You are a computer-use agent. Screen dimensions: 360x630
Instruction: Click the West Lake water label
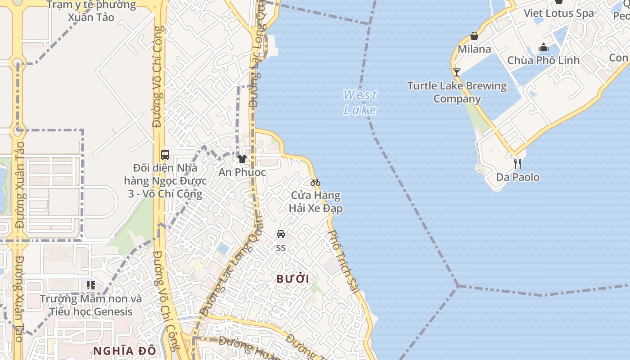(x=360, y=102)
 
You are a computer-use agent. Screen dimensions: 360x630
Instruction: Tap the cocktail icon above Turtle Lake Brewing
(x=457, y=72)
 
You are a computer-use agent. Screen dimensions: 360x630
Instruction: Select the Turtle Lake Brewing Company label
(x=457, y=92)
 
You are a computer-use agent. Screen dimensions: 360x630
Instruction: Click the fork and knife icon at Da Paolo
(x=517, y=163)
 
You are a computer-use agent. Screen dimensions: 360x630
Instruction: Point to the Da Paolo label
(x=517, y=177)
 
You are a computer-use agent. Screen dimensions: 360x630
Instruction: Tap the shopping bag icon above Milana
(x=474, y=36)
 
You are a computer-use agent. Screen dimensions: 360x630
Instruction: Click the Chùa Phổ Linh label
(x=543, y=60)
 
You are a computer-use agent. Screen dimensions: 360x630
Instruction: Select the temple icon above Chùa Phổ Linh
(x=544, y=47)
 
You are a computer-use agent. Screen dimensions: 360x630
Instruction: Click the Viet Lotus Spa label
(x=558, y=13)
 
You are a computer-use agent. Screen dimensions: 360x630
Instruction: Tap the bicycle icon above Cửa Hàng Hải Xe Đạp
(x=315, y=182)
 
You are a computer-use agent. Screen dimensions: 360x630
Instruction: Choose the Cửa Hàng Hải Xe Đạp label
(x=315, y=202)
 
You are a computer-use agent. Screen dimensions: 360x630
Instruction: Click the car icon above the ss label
(x=281, y=234)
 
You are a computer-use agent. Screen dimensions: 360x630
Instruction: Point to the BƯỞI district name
(x=292, y=279)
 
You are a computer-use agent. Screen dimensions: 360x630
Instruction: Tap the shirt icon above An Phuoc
(x=242, y=158)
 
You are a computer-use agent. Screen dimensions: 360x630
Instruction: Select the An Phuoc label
(x=242, y=172)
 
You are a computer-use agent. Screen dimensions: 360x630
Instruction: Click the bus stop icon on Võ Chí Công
(x=165, y=155)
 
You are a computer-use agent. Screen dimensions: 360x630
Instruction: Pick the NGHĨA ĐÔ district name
(x=125, y=351)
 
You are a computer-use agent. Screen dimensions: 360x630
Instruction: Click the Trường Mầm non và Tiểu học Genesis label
(x=91, y=305)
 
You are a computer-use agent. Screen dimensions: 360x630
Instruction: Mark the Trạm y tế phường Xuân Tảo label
(x=91, y=11)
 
